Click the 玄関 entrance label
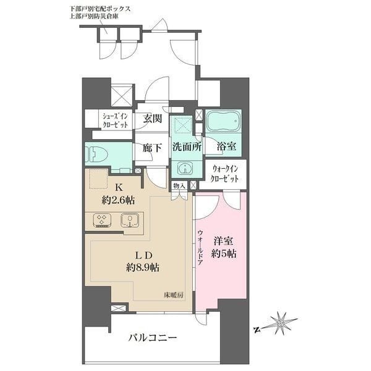pyautogui.click(x=153, y=118)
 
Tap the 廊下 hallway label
pyautogui.click(x=153, y=148)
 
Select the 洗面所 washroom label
pyautogui.click(x=185, y=148)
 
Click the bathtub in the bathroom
pyautogui.click(x=223, y=121)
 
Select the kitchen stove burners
pyautogui.click(x=101, y=220)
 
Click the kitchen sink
pyautogui.click(x=130, y=220)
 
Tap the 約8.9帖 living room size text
pyautogui.click(x=140, y=268)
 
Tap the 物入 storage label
pyautogui.click(x=179, y=185)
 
